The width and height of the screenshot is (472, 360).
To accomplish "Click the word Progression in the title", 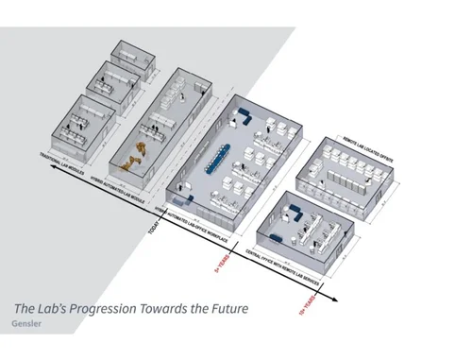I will click(x=114, y=309).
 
